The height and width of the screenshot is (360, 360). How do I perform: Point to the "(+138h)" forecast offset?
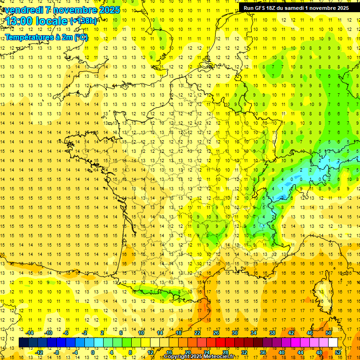click(83, 21)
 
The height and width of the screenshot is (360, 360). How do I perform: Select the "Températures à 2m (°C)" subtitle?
click(46, 37)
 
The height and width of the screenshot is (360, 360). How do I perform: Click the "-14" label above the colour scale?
click(30, 333)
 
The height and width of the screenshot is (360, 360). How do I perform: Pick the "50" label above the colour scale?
click(329, 333)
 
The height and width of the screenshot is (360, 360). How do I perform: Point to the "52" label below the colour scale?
click(338, 352)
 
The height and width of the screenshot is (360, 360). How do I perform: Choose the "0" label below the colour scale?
click(93, 352)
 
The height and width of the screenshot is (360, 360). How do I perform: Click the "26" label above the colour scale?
click(216, 333)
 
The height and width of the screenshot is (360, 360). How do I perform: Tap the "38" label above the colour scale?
click(272, 333)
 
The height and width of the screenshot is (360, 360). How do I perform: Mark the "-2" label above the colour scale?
click(84, 333)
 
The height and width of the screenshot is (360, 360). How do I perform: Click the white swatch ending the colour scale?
click(333, 343)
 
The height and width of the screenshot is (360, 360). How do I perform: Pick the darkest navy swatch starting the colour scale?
click(23, 343)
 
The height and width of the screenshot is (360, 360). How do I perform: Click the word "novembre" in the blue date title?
click(76, 10)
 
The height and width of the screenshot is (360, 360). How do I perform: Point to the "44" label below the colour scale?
click(300, 352)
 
